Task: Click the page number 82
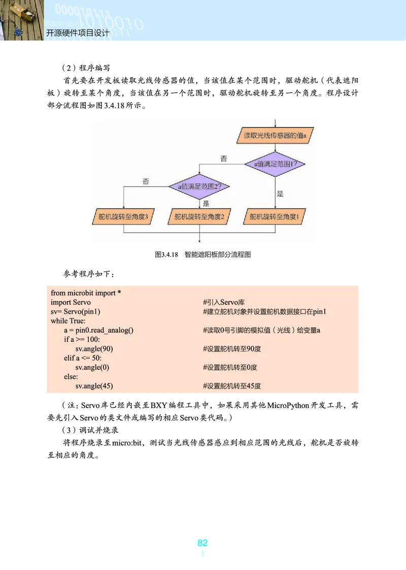(x=202, y=543)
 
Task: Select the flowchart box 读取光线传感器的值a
(x=275, y=136)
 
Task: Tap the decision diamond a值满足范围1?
(x=275, y=164)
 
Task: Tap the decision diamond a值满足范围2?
(x=199, y=187)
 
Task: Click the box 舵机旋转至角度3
(x=123, y=217)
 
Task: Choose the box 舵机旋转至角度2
(x=199, y=217)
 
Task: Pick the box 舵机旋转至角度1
(x=275, y=217)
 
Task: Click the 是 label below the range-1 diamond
(x=280, y=194)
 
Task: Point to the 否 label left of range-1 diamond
(x=224, y=159)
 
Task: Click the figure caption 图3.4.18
(x=166, y=255)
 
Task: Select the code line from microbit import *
(x=85, y=293)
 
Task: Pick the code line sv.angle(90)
(x=94, y=349)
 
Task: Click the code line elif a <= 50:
(x=83, y=358)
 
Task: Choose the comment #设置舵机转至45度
(x=231, y=386)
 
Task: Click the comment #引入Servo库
(x=224, y=302)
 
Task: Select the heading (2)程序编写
(x=85, y=68)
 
